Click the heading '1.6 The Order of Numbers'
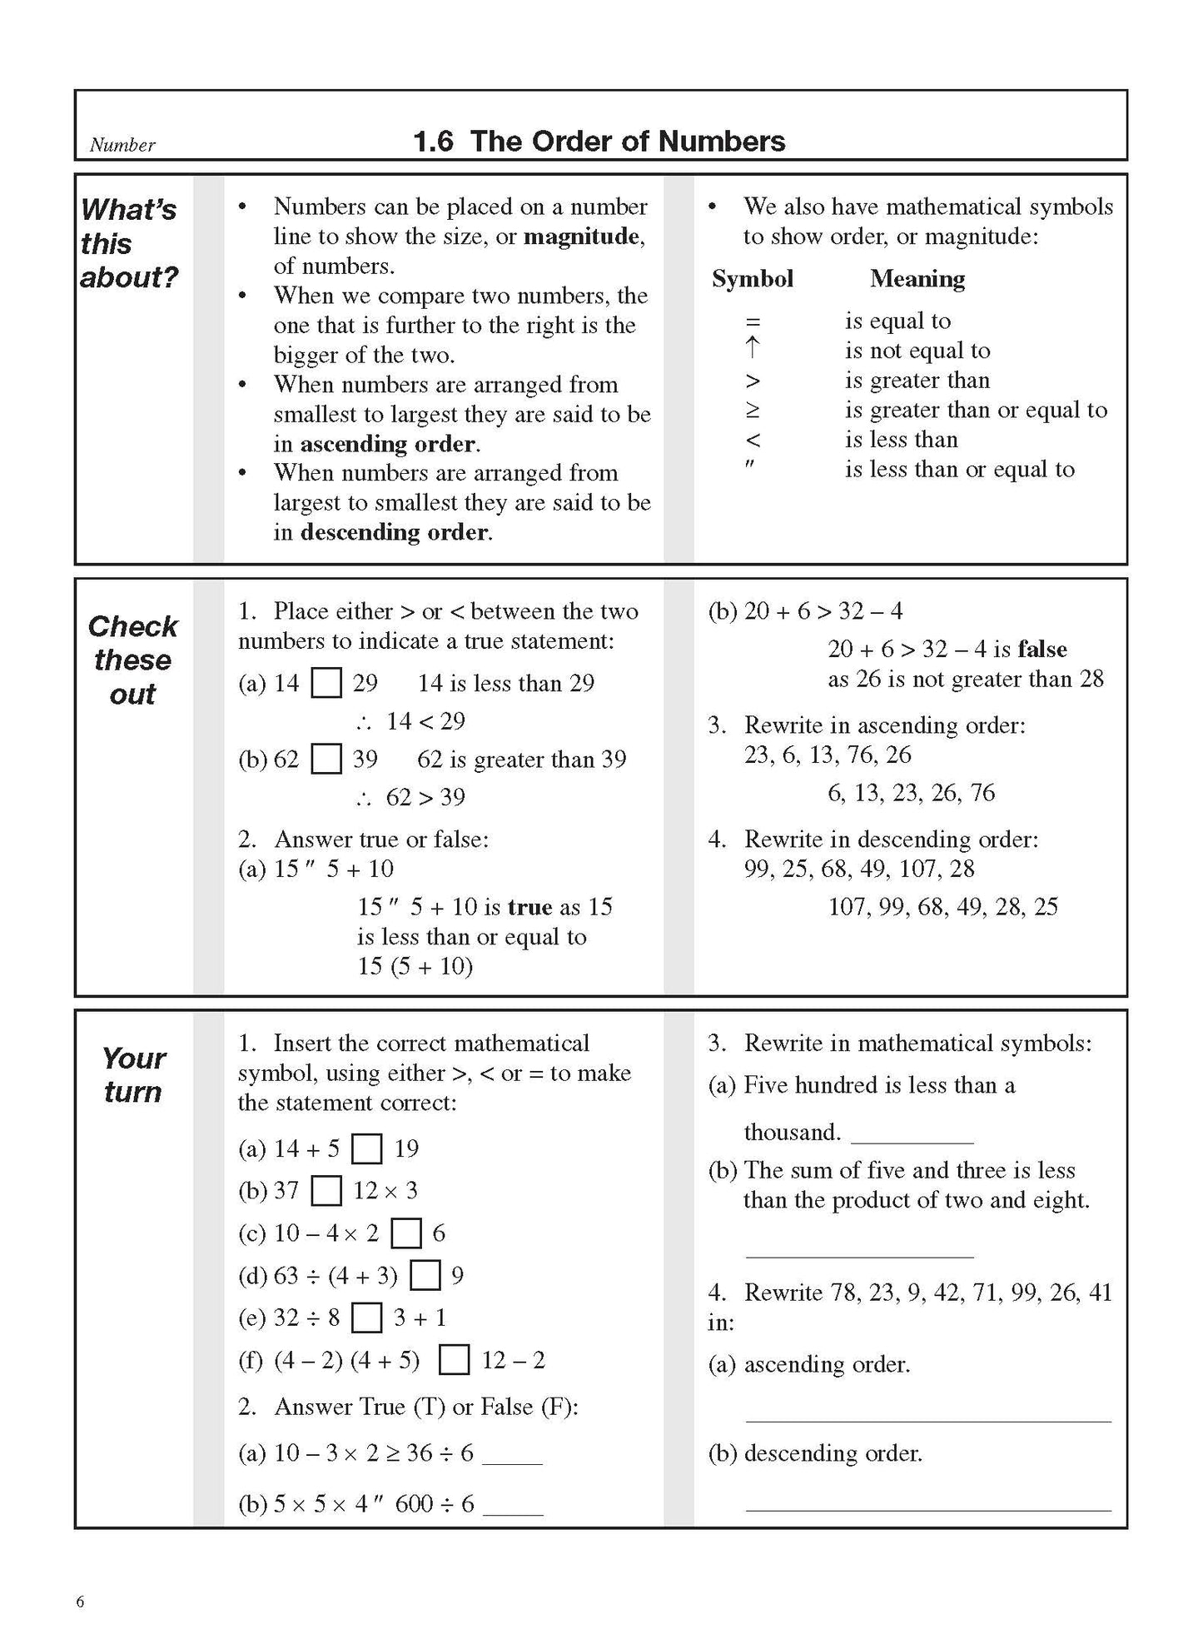pyautogui.click(x=599, y=141)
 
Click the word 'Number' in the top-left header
pyautogui.click(x=122, y=145)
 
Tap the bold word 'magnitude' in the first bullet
pyautogui.click(x=582, y=237)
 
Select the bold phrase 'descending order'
pyautogui.click(x=394, y=532)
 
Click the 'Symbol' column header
pyautogui.click(x=752, y=278)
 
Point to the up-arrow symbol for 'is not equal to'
pyautogui.click(x=752, y=349)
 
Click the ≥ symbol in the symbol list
pyautogui.click(x=752, y=411)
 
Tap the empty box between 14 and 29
pyautogui.click(x=326, y=684)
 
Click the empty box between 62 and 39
pyautogui.click(x=326, y=760)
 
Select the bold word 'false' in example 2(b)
pyautogui.click(x=1041, y=649)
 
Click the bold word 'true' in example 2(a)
pyautogui.click(x=529, y=906)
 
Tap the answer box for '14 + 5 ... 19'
pyautogui.click(x=366, y=1149)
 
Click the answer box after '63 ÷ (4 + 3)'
pyautogui.click(x=425, y=1276)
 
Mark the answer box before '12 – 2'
pyautogui.click(x=454, y=1360)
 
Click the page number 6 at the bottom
pyautogui.click(x=80, y=1602)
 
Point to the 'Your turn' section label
pyautogui.click(x=133, y=1074)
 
